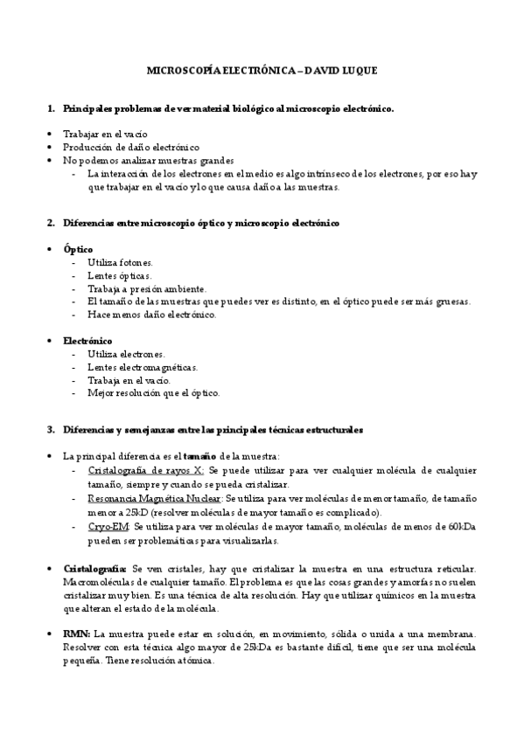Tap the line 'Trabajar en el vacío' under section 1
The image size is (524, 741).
(x=105, y=135)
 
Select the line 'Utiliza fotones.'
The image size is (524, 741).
(x=121, y=263)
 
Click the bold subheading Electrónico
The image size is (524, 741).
(x=87, y=341)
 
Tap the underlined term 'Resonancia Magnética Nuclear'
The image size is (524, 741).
(x=155, y=497)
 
